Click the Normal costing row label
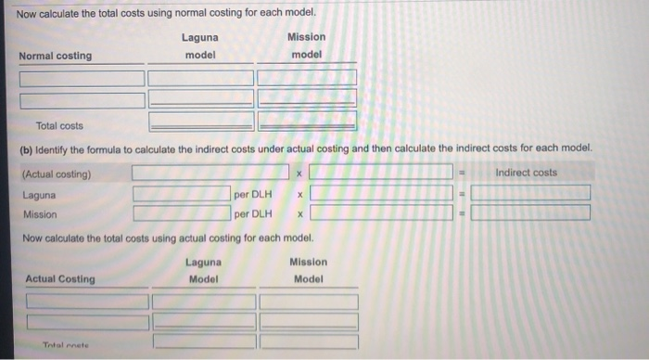coord(57,56)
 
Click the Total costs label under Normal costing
coord(59,125)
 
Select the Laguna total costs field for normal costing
coord(200,120)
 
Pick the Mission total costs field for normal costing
coord(307,120)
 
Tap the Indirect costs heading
coord(527,173)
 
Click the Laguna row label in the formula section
coord(39,195)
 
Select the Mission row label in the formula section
coord(41,214)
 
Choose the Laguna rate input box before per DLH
coord(181,194)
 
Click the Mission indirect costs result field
coord(529,212)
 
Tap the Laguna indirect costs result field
coord(529,193)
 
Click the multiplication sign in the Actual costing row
coord(299,174)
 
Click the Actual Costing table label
coord(60,279)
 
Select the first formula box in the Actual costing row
coord(210,173)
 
